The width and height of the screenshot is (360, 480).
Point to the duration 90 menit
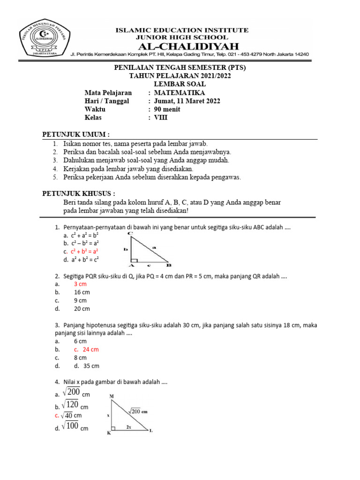point(167,109)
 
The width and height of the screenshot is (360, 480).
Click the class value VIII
point(161,118)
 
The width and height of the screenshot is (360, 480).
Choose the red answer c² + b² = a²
point(84,251)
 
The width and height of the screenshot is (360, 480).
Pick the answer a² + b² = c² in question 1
point(84,259)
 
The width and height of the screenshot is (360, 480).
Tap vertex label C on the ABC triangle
point(129,233)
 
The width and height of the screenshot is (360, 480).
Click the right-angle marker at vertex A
point(134,260)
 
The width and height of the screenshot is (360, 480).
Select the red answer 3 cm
point(80,284)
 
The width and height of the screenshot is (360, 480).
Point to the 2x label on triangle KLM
point(128,427)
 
